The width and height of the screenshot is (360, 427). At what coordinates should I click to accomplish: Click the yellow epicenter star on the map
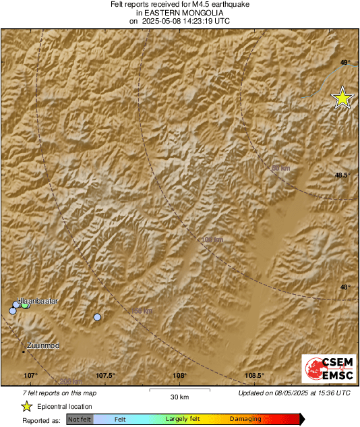(342, 98)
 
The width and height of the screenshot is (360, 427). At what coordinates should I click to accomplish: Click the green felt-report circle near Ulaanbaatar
(26, 304)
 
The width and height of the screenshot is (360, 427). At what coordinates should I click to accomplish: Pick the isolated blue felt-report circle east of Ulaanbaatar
(97, 317)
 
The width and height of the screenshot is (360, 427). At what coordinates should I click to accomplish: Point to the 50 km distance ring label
(280, 168)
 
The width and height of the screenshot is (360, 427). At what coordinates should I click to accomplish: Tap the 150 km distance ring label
(141, 310)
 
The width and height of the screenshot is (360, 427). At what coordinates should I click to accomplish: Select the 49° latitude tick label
(344, 63)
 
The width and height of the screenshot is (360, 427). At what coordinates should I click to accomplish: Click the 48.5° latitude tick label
(342, 175)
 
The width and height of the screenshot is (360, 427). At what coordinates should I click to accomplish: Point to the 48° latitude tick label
(344, 287)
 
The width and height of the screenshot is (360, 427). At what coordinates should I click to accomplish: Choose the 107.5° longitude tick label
(106, 376)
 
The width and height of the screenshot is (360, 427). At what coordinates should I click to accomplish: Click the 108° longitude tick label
(179, 376)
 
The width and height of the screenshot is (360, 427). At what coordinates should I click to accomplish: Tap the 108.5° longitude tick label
(253, 376)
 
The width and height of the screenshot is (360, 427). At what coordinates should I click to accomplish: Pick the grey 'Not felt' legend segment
(80, 419)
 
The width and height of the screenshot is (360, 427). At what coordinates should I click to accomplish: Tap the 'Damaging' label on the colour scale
(245, 419)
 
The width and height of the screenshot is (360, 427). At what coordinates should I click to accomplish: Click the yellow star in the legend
(26, 406)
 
